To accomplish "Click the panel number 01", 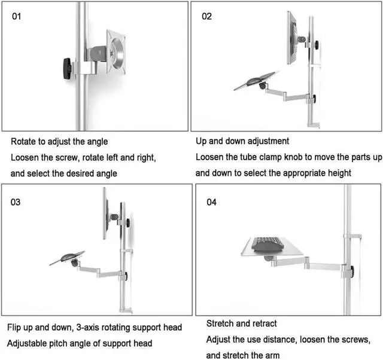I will pyautogui.click(x=16, y=16).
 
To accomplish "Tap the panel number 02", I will pyautogui.click(x=206, y=16).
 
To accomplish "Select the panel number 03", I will pyautogui.click(x=16, y=202).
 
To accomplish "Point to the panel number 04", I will pyautogui.click(x=211, y=202).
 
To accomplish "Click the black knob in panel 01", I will pyautogui.click(x=66, y=67).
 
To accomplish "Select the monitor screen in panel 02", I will pyautogui.click(x=293, y=37).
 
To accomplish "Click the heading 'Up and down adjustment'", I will pyautogui.click(x=242, y=142).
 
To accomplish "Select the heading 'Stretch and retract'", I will pyautogui.click(x=242, y=324).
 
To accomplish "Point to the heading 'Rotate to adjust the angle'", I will pyautogui.click(x=59, y=142).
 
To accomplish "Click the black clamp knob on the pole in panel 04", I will pyautogui.click(x=352, y=272).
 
